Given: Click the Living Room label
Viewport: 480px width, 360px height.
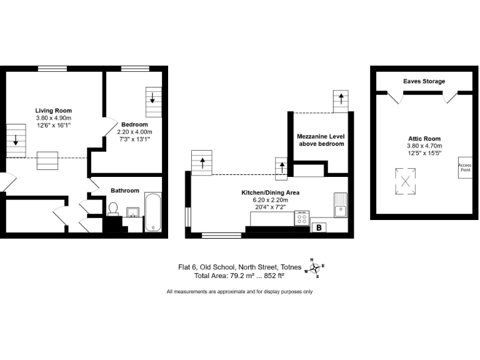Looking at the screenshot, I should point(53,111).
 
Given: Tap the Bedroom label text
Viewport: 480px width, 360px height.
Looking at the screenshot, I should point(134,124).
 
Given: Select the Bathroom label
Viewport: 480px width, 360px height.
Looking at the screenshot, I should point(125,191).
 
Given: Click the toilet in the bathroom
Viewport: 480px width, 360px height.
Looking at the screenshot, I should point(113,208).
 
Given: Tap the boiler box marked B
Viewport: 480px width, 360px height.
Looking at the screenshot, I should point(319,227).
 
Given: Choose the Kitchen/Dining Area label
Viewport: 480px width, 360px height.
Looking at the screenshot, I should point(269,192).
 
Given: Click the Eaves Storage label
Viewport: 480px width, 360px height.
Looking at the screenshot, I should point(424,81).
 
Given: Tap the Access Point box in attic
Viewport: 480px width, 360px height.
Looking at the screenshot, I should point(464,167).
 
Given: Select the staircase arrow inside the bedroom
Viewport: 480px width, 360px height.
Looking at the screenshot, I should point(152,97).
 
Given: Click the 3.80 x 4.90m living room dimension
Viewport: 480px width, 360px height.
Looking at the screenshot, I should point(53,117).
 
